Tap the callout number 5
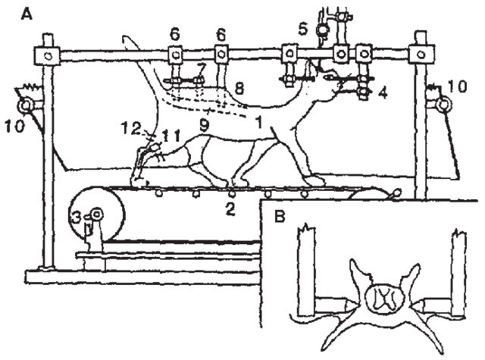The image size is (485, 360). (x=302, y=30)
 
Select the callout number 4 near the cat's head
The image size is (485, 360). (x=383, y=93)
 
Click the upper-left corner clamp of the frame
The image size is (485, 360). (x=48, y=55)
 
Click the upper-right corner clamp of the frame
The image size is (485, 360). (x=419, y=56)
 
